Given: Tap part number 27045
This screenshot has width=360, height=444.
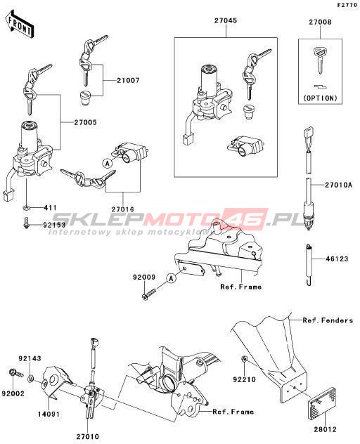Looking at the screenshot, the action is pos(226,20).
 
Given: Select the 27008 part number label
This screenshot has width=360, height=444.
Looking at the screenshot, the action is pos(320,22).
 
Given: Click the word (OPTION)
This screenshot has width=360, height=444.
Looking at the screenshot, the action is pos(321,98).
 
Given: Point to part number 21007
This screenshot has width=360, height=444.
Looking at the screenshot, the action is pos(129,80).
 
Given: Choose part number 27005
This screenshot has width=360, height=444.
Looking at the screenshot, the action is pos(85,122).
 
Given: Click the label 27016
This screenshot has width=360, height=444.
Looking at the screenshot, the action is pos(122,209).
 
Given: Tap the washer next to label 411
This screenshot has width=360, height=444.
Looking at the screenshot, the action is pos(27,209).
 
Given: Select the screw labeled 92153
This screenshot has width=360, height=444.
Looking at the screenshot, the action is pos(26,226).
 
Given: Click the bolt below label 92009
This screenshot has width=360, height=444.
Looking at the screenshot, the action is pos(148,294).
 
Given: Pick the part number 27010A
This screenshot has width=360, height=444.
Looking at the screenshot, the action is pos(339,185).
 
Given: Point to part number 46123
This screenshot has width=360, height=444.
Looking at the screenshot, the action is pos(337,259).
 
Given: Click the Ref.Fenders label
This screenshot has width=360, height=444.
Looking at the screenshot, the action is pos(328,320).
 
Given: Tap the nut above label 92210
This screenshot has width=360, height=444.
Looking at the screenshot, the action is pos(245,359).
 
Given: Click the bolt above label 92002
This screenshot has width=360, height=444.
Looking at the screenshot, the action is pos(16,373).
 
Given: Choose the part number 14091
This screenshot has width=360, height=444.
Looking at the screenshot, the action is pos(49,414).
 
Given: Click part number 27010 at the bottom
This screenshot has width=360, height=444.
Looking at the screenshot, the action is pos(88,437).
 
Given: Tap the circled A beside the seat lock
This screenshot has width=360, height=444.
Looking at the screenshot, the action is pos(107,163).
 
